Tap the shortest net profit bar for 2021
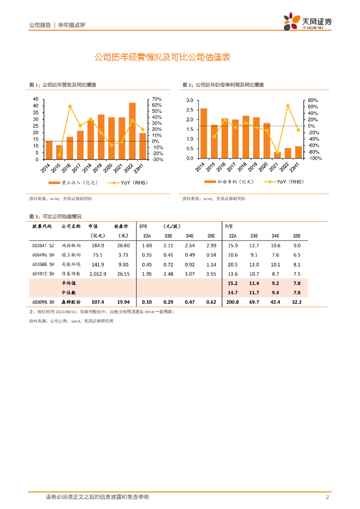pyautogui.click(x=277, y=155)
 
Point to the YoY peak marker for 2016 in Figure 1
pyautogui.click(x=70, y=106)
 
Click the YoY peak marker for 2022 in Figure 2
pyautogui.click(x=288, y=106)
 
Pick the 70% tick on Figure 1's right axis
pyautogui.click(x=157, y=99)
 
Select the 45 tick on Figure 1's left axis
pyautogui.click(x=35, y=99)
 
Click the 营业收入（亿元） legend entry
pyautogui.click(x=80, y=182)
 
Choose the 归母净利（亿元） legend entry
pyautogui.click(x=234, y=182)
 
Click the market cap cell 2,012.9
pyautogui.click(x=96, y=273)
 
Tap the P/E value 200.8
pyautogui.click(x=233, y=302)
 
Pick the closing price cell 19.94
pyautogui.click(x=122, y=302)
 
